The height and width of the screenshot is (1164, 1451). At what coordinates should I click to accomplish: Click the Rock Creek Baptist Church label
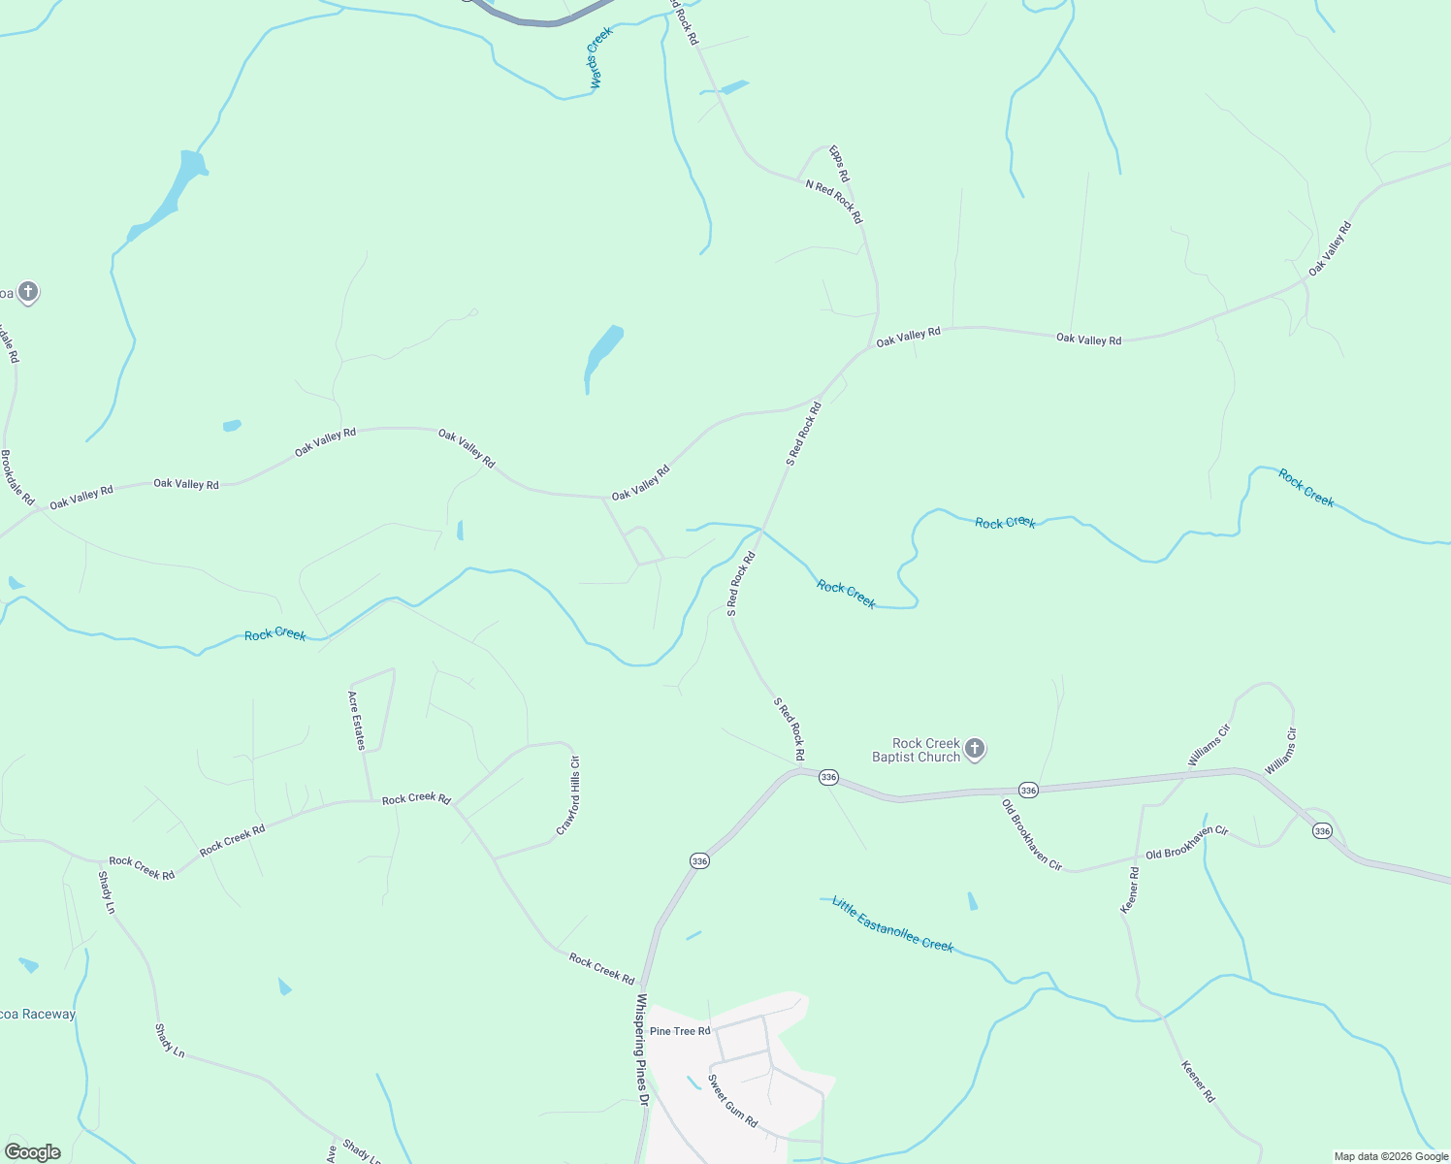[x=916, y=750]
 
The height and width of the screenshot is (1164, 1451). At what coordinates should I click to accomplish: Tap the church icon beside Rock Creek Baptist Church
[x=975, y=749]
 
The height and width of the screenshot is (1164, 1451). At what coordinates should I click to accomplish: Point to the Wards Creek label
[x=600, y=58]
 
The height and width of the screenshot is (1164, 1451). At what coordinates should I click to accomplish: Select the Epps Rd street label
[x=838, y=163]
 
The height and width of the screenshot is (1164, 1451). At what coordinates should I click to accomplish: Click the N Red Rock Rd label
[x=833, y=202]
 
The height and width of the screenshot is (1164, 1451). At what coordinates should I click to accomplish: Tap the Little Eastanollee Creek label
[x=892, y=923]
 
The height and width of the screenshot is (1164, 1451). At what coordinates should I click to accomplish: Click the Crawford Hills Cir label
[x=568, y=795]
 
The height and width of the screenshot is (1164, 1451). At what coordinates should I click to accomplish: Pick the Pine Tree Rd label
[x=680, y=1031]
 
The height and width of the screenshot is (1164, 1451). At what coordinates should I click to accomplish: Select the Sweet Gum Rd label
[x=732, y=1100]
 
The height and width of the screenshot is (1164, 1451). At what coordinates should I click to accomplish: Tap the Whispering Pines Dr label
[x=641, y=1049]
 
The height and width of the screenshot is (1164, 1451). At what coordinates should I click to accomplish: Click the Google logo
[x=33, y=1151]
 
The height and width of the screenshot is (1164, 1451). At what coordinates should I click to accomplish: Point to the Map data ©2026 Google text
[x=1390, y=1156]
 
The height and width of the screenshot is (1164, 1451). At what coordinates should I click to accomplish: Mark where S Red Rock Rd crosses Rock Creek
[x=762, y=530]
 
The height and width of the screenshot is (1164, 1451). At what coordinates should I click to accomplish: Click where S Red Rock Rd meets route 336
[x=800, y=769]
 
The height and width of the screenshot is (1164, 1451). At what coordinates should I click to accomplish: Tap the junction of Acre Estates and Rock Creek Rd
[x=372, y=800]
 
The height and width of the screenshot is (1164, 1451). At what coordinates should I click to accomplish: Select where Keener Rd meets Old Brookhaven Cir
[x=1136, y=858]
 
